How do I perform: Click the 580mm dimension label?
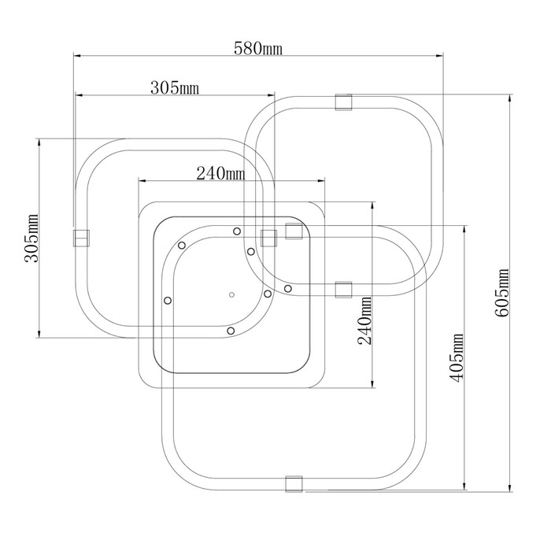point(258,49)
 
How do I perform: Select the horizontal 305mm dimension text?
point(175,88)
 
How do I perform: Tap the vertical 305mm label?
point(31,238)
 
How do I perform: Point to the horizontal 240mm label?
point(220,173)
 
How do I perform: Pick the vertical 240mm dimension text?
point(364,320)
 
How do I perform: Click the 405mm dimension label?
point(457,358)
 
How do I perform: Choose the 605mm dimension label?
point(502,293)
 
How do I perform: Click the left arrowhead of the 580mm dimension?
point(77,56)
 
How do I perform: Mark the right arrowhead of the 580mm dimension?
point(439,56)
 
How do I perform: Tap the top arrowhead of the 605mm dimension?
point(510,98)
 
